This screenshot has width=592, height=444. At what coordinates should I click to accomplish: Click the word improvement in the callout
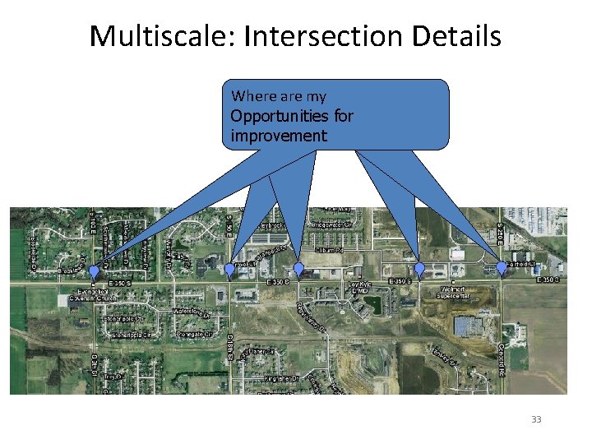coord(279,136)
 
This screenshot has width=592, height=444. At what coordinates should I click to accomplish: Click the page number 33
coord(536,420)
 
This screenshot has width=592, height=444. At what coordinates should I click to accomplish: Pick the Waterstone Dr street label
coord(192,312)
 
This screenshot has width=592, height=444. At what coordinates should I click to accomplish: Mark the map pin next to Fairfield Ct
coord(502,268)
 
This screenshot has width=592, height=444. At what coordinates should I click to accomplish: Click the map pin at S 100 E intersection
coord(94,271)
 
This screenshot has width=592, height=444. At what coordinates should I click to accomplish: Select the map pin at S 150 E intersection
coord(229,268)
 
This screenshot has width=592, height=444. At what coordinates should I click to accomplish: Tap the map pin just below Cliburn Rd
coord(298,269)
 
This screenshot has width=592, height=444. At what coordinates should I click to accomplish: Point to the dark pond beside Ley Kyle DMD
coord(372,304)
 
